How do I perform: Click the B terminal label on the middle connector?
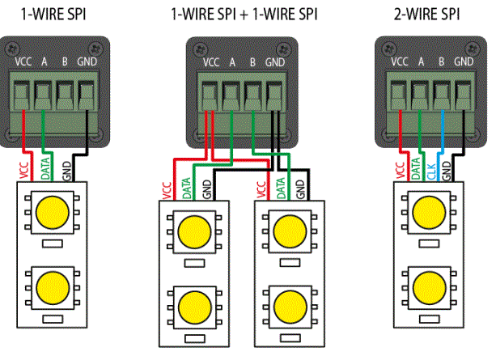tap(253, 61)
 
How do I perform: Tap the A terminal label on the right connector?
tap(422, 61)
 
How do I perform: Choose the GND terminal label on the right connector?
tap(464, 61)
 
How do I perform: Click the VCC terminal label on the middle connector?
tap(211, 61)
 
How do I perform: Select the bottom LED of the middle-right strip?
tap(289, 305)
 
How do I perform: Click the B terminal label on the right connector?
tap(442, 61)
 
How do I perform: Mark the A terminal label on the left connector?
tap(45, 61)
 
